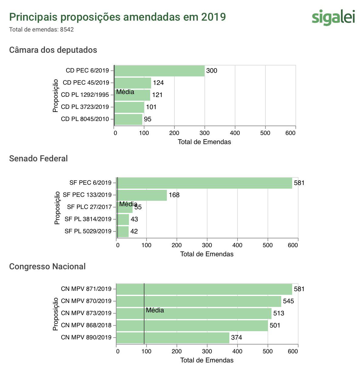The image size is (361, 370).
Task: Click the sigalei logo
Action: (333, 17)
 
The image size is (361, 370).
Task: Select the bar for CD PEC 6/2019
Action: (160, 71)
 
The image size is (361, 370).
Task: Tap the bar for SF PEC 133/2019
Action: (142, 195)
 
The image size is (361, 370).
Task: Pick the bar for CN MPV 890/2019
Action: (173, 338)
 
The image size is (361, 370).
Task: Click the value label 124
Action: (158, 83)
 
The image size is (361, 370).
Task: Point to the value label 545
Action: (288, 301)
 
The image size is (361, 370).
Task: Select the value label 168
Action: (174, 195)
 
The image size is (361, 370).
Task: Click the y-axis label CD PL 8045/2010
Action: (85, 119)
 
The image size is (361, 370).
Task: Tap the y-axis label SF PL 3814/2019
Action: (88, 219)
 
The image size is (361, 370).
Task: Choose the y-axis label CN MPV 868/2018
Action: (86, 325)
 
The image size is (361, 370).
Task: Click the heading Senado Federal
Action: (39, 159)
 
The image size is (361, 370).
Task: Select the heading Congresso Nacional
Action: (47, 267)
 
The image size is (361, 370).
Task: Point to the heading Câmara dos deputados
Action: (53, 50)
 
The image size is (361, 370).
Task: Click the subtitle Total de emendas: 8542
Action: (42, 30)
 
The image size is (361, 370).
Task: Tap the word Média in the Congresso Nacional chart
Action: (155, 310)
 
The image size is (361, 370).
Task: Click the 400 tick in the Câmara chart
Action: (235, 133)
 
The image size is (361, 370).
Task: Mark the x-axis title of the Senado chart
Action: (207, 254)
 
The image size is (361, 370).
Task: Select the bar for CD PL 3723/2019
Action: (129, 107)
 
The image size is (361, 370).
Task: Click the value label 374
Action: (237, 338)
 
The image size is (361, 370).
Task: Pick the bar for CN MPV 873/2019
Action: (194, 313)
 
